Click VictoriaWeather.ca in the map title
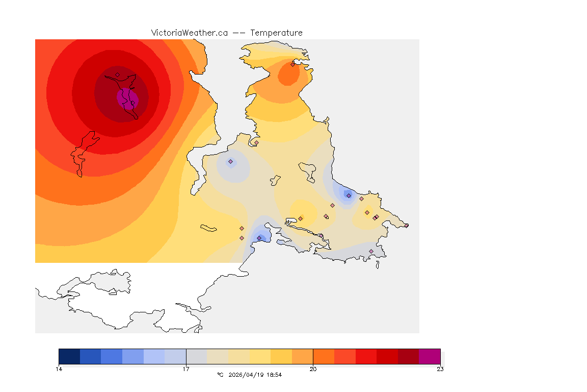(189, 33)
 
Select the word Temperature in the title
(276, 33)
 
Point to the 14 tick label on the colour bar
(59, 369)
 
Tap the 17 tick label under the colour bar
(186, 369)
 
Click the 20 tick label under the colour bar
(313, 369)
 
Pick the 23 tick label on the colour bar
(440, 369)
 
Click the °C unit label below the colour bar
(220, 375)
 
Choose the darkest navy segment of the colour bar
(69, 356)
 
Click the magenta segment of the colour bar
(430, 356)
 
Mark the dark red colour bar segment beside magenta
(408, 356)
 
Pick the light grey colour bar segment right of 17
(197, 356)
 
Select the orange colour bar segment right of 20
(324, 356)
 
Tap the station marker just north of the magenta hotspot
(117, 75)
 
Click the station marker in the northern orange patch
(292, 64)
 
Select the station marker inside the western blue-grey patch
(230, 162)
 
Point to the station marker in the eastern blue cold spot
(349, 195)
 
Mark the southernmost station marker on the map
(371, 251)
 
